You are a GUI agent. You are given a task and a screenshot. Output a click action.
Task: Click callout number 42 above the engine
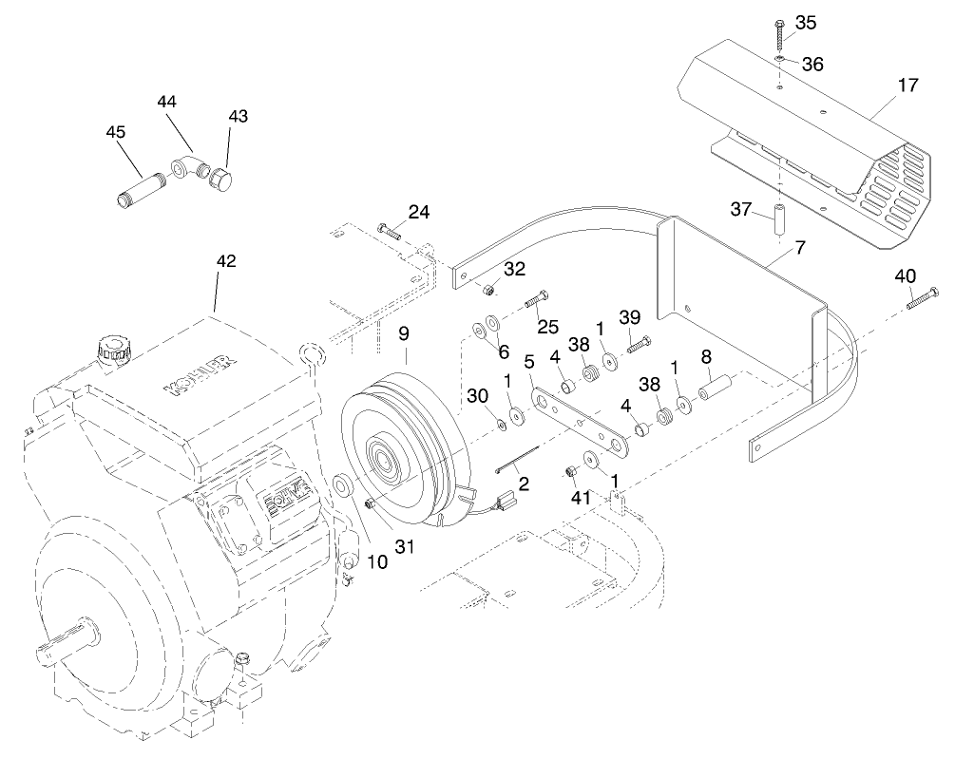(x=226, y=260)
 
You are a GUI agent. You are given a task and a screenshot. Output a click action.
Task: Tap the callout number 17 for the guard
(x=907, y=85)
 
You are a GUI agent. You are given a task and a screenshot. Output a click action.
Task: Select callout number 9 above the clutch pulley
(x=404, y=333)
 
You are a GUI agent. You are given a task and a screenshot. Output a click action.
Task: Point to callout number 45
(x=116, y=132)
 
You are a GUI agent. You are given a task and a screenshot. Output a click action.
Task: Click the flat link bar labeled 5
(x=580, y=422)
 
